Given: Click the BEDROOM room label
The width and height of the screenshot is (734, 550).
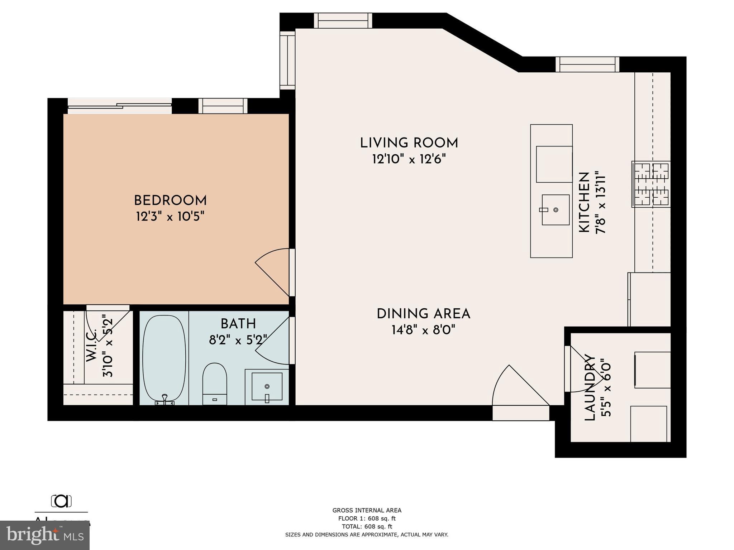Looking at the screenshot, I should tap(170, 200).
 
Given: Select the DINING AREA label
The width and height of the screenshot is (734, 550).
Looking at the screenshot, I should tap(423, 314).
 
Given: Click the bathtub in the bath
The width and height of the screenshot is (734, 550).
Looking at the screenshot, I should tap(164, 358).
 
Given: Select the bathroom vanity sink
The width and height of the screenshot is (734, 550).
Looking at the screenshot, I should tap(267, 386).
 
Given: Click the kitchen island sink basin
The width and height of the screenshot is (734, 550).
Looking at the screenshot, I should tap(556, 210).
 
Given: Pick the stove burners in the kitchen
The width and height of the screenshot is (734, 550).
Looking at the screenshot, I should tap(651, 184).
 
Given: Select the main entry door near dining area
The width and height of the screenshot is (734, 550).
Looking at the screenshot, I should tap(520, 389).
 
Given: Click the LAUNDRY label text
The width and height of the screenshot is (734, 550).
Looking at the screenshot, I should tap(590, 387).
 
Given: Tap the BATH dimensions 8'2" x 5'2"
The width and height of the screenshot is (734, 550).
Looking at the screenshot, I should tap(238, 339).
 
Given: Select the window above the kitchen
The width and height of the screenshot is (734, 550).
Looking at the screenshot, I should tap(587, 64).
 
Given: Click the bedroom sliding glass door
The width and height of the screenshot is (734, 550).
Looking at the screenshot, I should tap(119, 106).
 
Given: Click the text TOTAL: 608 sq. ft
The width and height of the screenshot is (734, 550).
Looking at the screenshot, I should tap(367, 526).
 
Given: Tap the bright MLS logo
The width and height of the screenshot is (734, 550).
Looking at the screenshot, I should tap(45, 535).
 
